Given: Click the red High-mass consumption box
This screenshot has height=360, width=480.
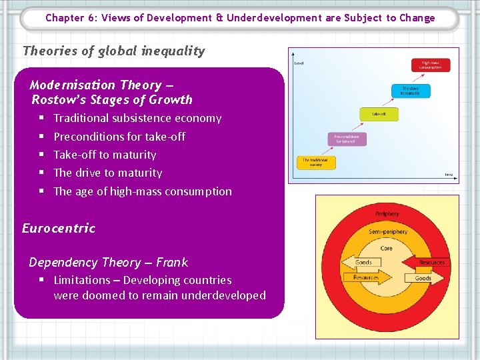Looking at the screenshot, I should point(431,65).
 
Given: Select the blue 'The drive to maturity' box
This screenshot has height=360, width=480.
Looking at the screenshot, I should point(411,91).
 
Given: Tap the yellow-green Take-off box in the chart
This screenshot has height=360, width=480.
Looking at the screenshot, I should point(375,114).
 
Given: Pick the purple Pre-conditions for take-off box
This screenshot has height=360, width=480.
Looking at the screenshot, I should point(346,139).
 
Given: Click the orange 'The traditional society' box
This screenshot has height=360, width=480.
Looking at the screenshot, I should point(316,162).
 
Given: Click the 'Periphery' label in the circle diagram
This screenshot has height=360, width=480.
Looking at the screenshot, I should point(387,214).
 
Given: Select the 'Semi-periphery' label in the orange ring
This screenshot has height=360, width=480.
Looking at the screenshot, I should point(387,231).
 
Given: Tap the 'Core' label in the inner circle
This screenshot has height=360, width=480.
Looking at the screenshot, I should point(387,248).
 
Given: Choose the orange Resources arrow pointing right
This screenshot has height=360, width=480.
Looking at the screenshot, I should point(365,277).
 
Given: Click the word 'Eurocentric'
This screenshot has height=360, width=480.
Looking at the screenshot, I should point(59,228).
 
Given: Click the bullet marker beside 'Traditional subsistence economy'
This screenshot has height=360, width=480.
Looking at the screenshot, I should point(41,118).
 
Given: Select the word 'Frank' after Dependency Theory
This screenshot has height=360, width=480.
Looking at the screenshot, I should point(172,262).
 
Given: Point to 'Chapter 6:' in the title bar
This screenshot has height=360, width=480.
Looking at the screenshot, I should point(71,18).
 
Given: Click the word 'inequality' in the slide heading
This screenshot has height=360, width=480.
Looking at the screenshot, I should point(173,51).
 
